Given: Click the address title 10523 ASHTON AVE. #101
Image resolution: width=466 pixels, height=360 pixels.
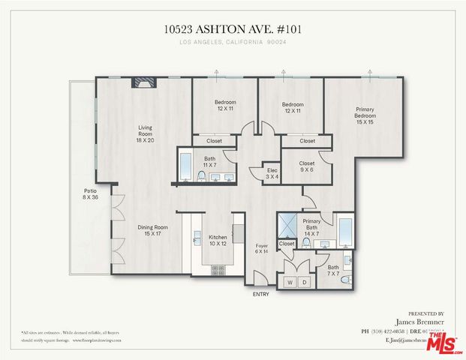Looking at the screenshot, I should (x=233, y=29).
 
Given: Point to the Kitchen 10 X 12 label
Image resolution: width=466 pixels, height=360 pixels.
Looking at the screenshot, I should (x=217, y=240).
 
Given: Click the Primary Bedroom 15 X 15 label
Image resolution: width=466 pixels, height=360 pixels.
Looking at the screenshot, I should (x=365, y=116).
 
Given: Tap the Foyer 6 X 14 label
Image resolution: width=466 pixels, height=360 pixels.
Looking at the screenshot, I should (x=261, y=249).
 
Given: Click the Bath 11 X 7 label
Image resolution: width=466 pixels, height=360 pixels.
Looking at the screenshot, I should (x=211, y=161).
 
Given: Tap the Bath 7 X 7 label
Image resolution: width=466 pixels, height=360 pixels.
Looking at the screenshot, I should (x=333, y=270).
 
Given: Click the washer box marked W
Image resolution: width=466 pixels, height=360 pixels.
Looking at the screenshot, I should (x=290, y=282).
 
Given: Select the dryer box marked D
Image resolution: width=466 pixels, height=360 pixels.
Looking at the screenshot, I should (x=305, y=282).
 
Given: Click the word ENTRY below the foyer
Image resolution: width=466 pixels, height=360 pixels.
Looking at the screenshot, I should (x=260, y=294).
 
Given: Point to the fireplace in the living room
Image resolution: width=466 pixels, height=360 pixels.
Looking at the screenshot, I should (x=143, y=83).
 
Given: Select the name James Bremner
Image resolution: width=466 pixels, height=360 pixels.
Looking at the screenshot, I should (x=425, y=322).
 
